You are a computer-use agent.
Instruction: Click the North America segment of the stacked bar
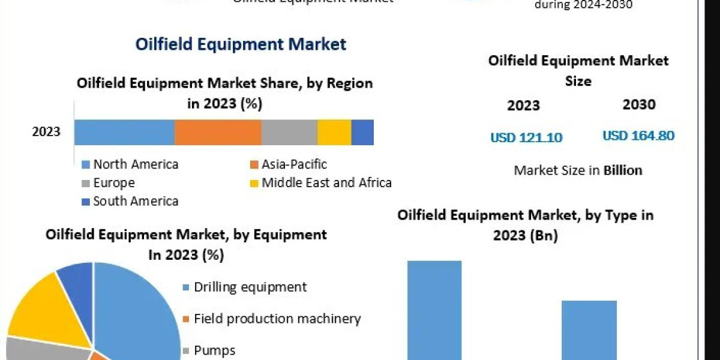pyautogui.click(x=124, y=132)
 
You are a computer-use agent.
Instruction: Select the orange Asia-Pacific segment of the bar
pyautogui.click(x=218, y=132)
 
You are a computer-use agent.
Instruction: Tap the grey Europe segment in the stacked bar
pyautogui.click(x=289, y=132)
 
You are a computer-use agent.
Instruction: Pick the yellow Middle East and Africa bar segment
pyautogui.click(x=334, y=132)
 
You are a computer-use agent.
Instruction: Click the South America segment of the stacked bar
pyautogui.click(x=362, y=132)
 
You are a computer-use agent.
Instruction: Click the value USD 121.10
pyautogui.click(x=526, y=137)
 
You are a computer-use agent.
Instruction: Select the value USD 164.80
pyautogui.click(x=638, y=136)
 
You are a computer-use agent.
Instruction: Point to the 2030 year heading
pyautogui.click(x=639, y=104)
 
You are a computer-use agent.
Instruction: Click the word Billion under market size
pyautogui.click(x=623, y=170)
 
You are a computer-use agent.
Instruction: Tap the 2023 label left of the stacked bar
pyautogui.click(x=46, y=132)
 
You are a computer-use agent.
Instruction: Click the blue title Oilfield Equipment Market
pyautogui.click(x=241, y=44)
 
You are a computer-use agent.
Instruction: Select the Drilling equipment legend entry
pyautogui.click(x=250, y=287)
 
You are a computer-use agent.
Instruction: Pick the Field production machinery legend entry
pyautogui.click(x=277, y=319)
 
